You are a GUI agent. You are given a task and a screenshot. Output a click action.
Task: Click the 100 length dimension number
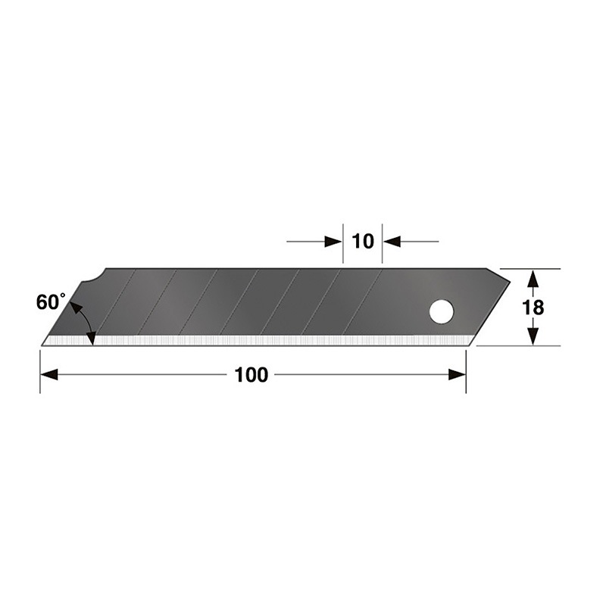click(x=251, y=375)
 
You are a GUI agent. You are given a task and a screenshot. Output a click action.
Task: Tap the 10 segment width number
click(x=363, y=242)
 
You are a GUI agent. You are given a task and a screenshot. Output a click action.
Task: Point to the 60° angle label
click(x=52, y=301)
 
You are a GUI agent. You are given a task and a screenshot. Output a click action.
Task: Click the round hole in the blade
click(x=441, y=311)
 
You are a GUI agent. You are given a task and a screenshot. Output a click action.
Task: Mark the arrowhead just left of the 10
click(x=333, y=242)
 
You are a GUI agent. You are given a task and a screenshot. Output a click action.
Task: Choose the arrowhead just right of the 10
click(x=392, y=242)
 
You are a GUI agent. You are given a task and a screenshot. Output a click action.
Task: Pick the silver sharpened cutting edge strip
click(x=258, y=341)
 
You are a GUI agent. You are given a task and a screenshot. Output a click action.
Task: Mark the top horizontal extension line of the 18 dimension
click(x=530, y=269)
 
